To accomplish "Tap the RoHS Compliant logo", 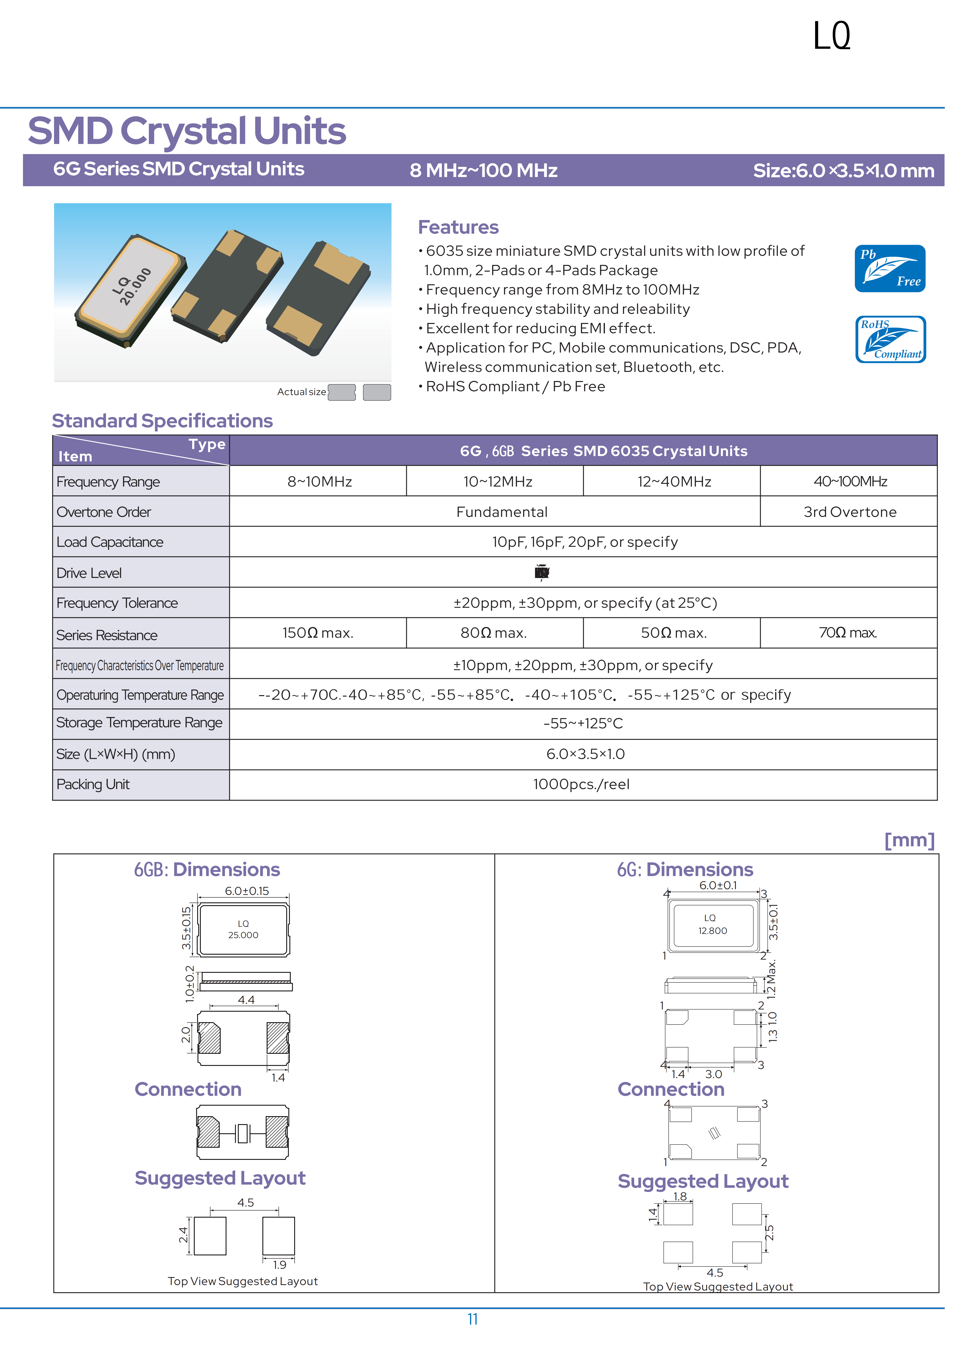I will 890,339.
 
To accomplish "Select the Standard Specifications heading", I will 162,421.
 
